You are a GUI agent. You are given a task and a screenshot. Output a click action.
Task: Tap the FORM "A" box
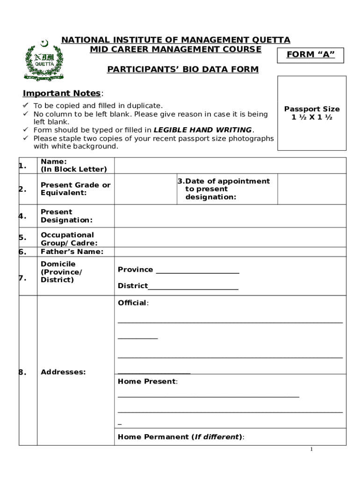point(310,55)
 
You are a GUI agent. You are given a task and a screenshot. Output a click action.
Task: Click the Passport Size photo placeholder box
point(312,113)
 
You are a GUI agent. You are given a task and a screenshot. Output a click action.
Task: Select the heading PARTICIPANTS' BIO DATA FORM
point(183,70)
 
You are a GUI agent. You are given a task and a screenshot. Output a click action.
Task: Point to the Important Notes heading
point(62,93)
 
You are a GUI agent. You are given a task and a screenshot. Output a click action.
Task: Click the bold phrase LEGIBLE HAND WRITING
point(203,130)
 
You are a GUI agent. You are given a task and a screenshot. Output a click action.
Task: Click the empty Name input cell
point(230,166)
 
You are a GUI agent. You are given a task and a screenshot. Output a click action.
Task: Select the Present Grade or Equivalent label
point(76,189)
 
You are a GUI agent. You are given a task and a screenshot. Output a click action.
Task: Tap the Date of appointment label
point(224,189)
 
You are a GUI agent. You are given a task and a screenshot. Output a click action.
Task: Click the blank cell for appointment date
point(312,189)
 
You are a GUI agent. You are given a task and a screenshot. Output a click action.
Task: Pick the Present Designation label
point(66,216)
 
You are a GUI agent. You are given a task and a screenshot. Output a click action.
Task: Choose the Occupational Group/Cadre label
point(69,239)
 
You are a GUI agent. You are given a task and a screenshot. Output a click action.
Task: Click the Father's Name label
point(72,252)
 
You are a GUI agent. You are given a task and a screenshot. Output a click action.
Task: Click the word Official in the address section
point(132,303)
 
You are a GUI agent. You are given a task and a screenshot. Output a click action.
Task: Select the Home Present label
point(147,382)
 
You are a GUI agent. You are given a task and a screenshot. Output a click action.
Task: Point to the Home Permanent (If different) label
point(180,437)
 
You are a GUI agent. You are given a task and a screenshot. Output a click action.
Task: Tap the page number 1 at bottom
point(311,450)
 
